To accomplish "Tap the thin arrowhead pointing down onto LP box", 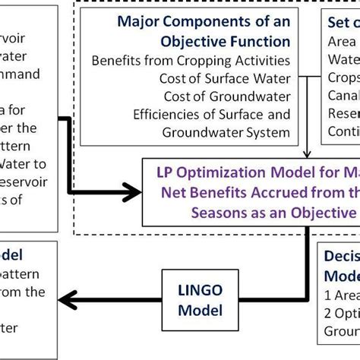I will tap(307, 154).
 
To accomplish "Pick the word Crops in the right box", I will tap(343, 77).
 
